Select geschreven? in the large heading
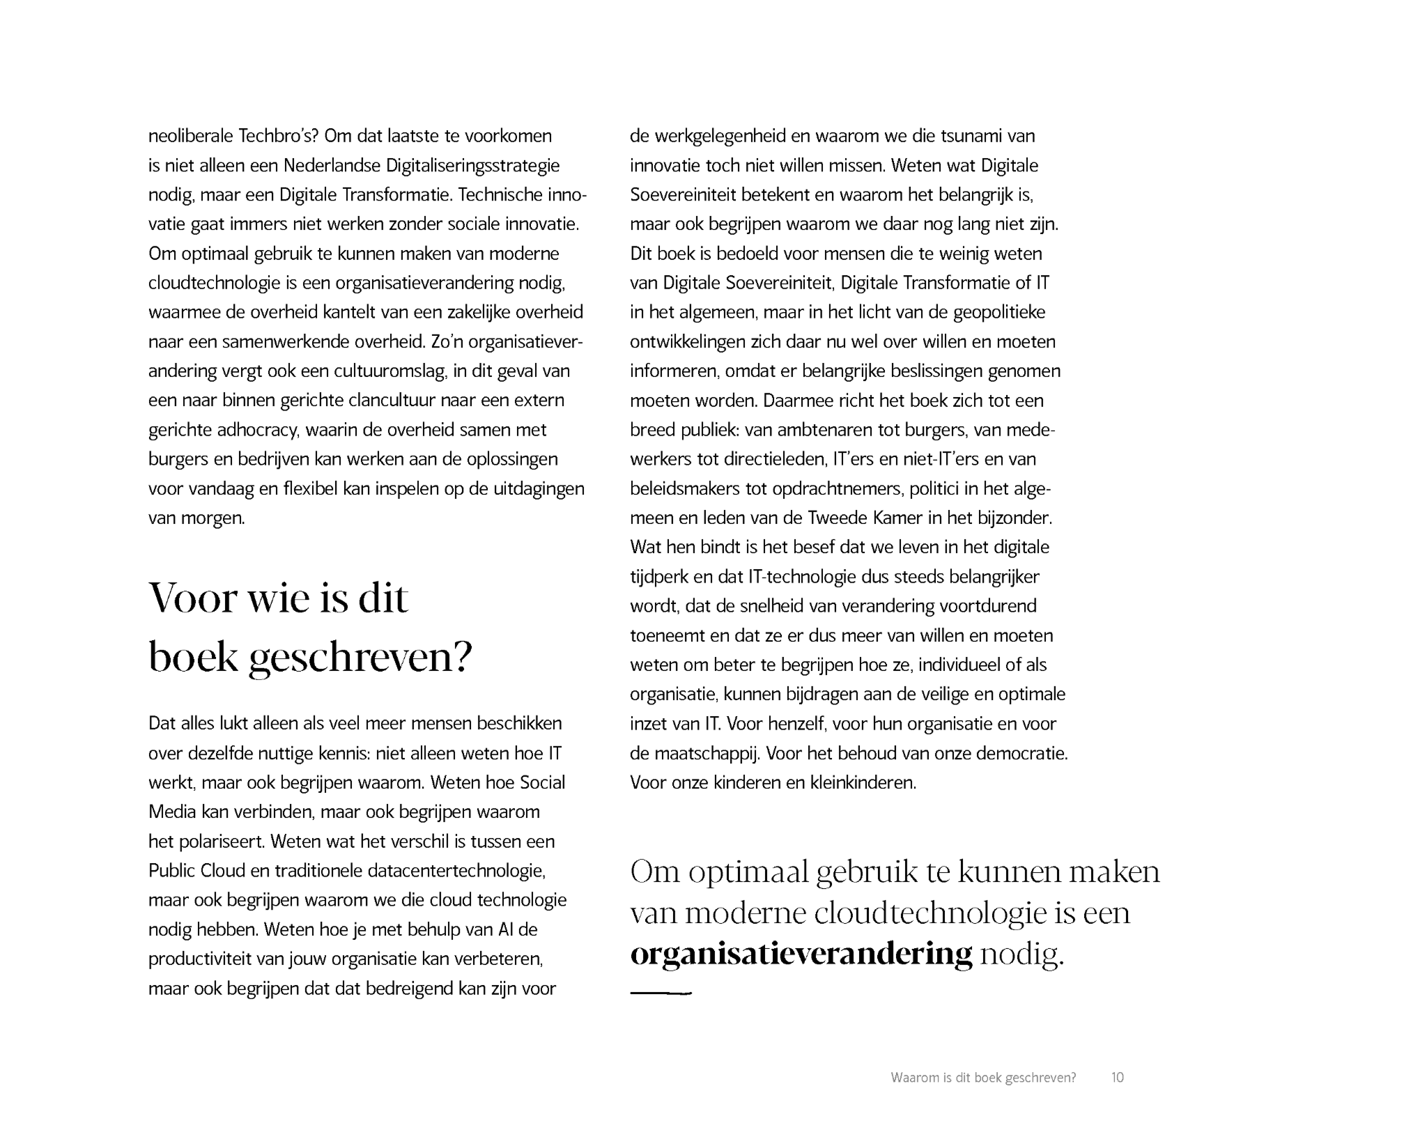[360, 658]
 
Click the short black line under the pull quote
[660, 993]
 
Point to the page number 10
[1117, 1078]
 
